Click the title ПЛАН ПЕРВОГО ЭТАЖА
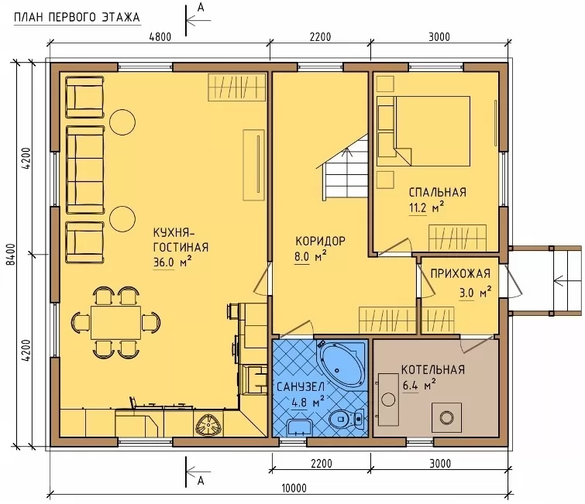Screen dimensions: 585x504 [77, 18]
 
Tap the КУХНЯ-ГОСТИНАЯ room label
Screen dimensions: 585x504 [181, 240]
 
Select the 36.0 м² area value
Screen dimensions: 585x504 [172, 262]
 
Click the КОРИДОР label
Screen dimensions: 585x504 [321, 242]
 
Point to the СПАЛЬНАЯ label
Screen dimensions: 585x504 [438, 192]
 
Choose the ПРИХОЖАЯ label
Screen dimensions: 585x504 [460, 273]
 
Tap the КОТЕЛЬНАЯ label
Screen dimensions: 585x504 [433, 369]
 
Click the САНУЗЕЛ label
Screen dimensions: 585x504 [301, 386]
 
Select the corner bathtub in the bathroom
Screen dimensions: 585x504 [342, 364]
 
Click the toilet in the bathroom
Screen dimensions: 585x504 [347, 419]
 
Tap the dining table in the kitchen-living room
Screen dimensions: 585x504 [116, 322]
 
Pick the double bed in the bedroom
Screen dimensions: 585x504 [423, 131]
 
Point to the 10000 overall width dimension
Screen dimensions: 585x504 [294, 488]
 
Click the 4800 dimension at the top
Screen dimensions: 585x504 [160, 37]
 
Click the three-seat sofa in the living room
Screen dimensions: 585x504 [85, 170]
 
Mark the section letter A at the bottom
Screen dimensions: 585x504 [201, 481]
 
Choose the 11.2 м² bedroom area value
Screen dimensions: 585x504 [426, 207]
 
